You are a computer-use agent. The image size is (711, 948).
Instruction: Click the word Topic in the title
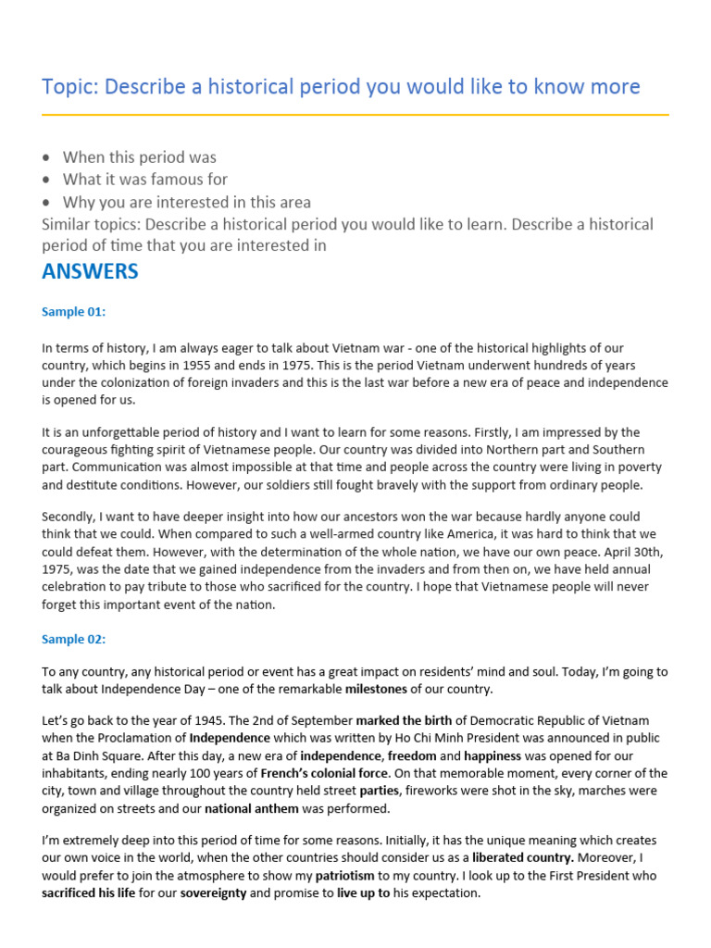tap(69, 87)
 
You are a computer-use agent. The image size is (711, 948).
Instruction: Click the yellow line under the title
tap(355, 115)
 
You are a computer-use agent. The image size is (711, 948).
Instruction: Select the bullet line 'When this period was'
tap(139, 157)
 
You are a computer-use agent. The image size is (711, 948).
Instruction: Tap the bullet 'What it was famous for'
tap(144, 180)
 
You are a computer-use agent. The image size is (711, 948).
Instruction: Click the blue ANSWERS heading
tap(90, 271)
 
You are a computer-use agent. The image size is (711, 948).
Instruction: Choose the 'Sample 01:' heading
tap(74, 312)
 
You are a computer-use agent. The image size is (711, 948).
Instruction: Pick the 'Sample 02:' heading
tap(74, 639)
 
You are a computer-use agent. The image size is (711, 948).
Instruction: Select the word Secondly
tap(72, 517)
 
